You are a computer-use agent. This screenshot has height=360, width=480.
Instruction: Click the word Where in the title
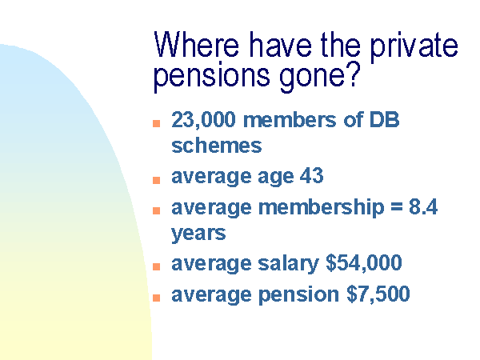(196, 45)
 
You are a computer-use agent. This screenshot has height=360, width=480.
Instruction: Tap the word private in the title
(414, 47)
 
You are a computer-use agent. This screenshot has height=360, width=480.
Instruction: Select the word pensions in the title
(211, 77)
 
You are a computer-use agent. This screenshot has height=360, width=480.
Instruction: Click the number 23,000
(203, 120)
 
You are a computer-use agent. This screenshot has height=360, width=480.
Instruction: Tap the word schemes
(217, 146)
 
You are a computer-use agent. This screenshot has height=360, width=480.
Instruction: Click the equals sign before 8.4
(397, 206)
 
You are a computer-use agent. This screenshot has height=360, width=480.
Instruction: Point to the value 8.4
(423, 206)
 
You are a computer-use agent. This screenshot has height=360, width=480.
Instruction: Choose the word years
(198, 234)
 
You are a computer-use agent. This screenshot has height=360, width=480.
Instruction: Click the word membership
(321, 208)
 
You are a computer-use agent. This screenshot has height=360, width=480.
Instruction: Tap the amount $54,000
(364, 262)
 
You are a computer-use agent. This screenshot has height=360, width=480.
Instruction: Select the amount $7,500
(378, 294)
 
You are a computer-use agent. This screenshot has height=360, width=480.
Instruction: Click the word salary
(288, 264)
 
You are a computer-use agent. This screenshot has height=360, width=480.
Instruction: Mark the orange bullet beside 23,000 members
(157, 123)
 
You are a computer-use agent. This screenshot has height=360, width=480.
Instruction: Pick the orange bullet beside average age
(157, 180)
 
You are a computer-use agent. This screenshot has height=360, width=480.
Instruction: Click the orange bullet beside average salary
(157, 266)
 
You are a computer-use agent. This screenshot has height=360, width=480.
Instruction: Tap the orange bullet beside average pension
(157, 298)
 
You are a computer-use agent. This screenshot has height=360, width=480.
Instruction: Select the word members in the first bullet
(290, 120)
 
